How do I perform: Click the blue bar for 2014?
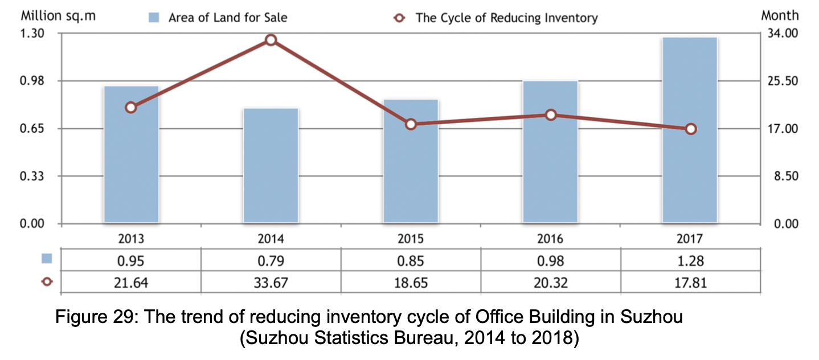coord(271,165)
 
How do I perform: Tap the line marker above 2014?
coord(271,40)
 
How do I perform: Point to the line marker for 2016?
coord(551,115)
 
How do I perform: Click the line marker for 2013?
coord(131,108)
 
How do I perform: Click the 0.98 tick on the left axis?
coord(34,81)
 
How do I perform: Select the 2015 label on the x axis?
coord(411,238)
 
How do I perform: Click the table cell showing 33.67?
coord(271,282)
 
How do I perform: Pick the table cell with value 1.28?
coord(691,261)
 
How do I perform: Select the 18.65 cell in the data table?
coord(411,282)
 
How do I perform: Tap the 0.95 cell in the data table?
coord(131,261)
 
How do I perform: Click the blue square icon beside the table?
coord(47,259)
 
